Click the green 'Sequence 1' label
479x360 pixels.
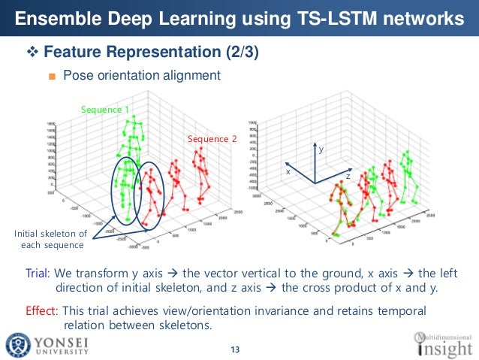105,110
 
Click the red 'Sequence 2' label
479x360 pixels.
212,139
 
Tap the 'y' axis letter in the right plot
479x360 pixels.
321,151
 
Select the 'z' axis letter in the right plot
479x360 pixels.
348,176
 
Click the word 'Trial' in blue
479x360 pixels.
38,272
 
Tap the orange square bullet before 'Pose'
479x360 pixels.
52,76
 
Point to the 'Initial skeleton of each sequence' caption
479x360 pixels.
51,240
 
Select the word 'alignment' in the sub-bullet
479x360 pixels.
191,75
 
